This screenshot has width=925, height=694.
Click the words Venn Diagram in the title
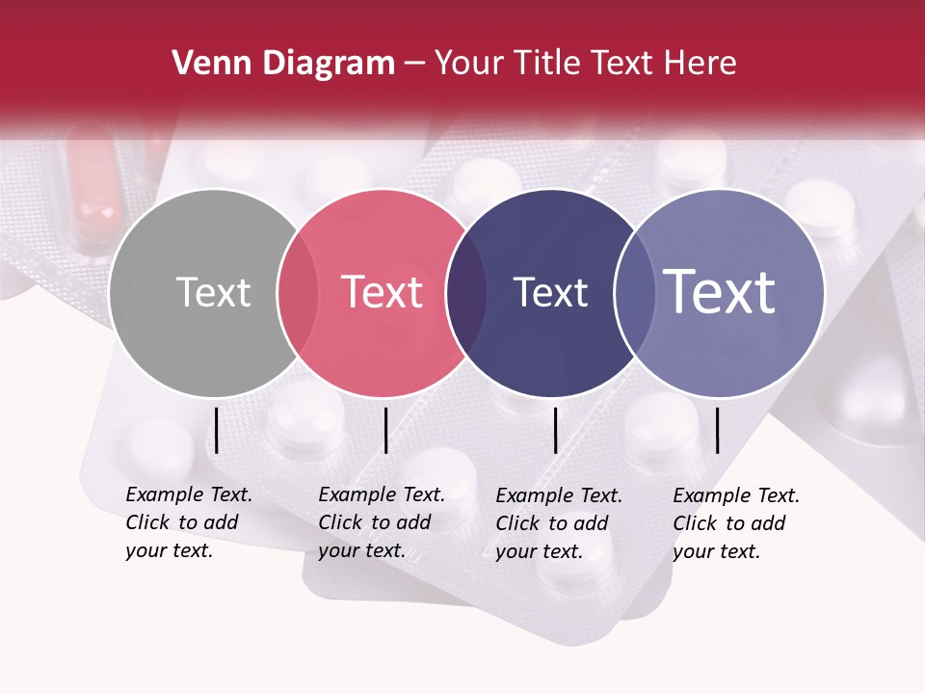pos(283,64)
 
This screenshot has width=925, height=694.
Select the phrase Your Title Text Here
pos(586,64)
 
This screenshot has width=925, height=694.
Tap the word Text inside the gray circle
pos(213,292)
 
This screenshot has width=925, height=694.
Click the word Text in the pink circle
pos(383,292)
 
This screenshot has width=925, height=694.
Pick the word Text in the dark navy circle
pos(550,292)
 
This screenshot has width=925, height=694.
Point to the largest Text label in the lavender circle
pos(720,292)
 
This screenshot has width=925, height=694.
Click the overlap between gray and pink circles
pos(298,293)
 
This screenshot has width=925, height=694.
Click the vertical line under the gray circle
pos(217,430)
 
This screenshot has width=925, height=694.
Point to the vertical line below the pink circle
pos(385,430)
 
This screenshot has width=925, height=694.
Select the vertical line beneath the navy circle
pos(556,430)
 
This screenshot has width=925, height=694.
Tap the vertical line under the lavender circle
pos(717,430)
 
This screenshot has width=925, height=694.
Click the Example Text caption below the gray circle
pos(189,522)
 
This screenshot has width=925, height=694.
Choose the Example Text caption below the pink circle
pos(382,522)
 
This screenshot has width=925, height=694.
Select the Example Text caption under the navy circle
pos(559,523)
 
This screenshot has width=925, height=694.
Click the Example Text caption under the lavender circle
pos(736,523)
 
